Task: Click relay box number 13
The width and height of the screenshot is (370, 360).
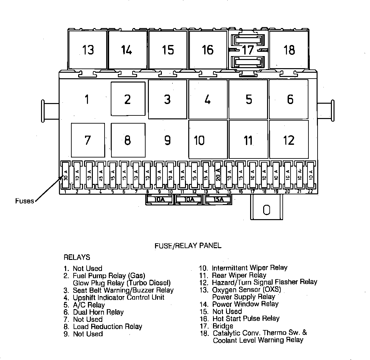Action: click(88, 50)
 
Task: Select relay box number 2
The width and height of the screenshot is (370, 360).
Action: click(128, 99)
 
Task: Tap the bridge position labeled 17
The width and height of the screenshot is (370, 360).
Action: click(248, 50)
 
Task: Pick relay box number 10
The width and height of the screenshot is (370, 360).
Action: click(207, 140)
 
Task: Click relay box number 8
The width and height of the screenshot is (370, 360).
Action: click(128, 140)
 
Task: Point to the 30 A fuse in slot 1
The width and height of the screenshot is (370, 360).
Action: click(65, 175)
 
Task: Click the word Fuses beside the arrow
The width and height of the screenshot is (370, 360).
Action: click(24, 201)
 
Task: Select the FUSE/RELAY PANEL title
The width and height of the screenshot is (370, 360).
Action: click(188, 246)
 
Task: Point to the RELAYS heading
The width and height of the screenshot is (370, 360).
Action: click(77, 257)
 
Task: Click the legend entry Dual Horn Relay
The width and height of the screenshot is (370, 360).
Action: click(98, 312)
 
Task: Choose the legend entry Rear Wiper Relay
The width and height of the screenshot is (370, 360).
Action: click(239, 275)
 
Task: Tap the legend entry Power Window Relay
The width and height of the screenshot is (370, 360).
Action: click(245, 304)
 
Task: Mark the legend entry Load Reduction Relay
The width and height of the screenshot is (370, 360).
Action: click(107, 326)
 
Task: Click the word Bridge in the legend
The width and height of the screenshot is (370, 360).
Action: click(223, 326)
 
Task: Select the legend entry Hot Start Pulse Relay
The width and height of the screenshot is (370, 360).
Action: click(246, 318)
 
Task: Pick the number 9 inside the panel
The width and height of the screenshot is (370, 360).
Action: click(167, 140)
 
